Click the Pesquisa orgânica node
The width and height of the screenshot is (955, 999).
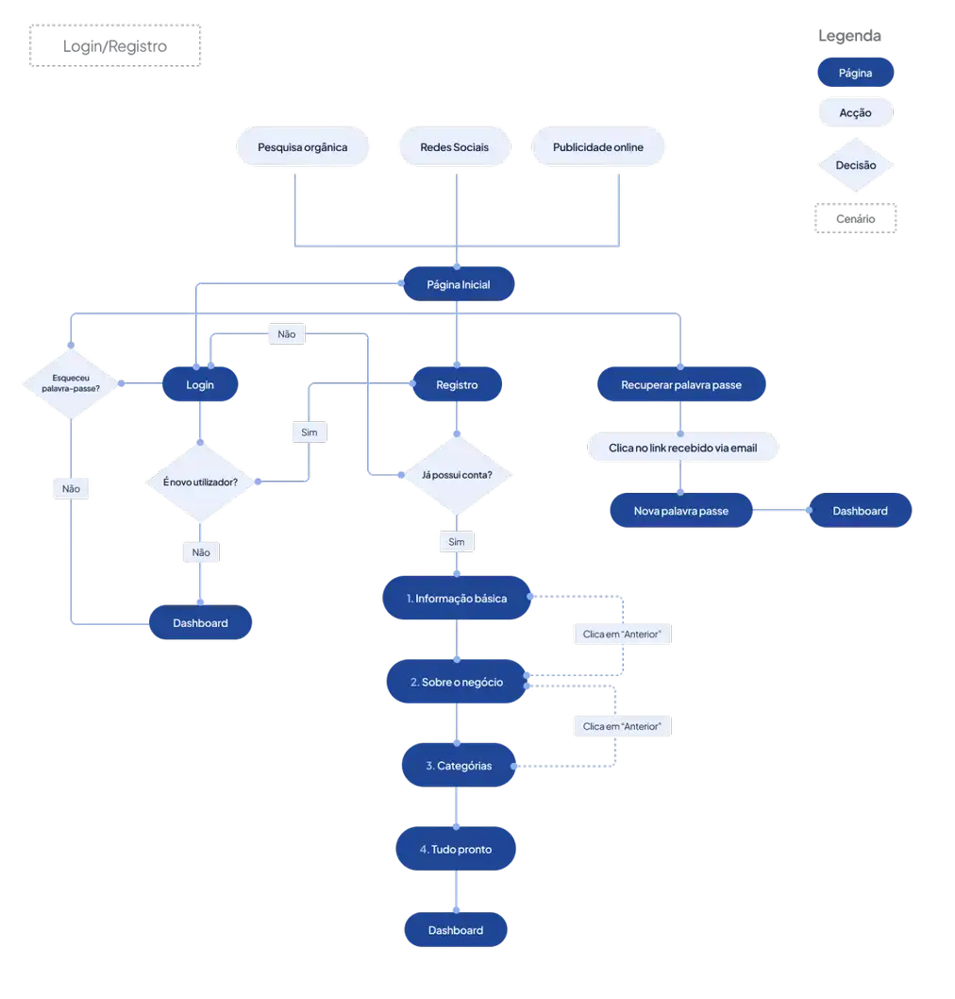click(302, 148)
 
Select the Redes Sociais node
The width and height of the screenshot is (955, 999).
click(454, 148)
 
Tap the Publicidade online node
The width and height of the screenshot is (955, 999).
click(597, 148)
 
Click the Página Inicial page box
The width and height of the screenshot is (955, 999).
click(458, 284)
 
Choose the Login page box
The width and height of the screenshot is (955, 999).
click(200, 384)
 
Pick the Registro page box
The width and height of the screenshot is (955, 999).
click(457, 384)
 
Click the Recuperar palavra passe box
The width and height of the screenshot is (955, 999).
click(681, 384)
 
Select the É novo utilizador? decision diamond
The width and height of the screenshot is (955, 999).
click(200, 482)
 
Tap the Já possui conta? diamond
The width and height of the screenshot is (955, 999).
click(457, 475)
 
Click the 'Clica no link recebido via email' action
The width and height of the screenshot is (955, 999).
click(683, 447)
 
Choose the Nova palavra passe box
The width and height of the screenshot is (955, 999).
click(681, 511)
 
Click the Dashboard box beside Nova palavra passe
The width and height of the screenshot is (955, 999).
click(860, 511)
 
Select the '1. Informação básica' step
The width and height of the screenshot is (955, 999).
click(457, 599)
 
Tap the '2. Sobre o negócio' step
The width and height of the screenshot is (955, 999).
click(457, 682)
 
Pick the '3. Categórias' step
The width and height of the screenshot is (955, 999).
click(459, 766)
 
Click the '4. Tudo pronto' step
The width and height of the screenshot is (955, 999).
click(456, 850)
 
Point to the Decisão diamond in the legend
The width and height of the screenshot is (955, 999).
click(855, 165)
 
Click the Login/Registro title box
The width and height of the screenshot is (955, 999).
click(115, 46)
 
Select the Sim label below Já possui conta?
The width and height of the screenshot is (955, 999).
click(457, 543)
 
